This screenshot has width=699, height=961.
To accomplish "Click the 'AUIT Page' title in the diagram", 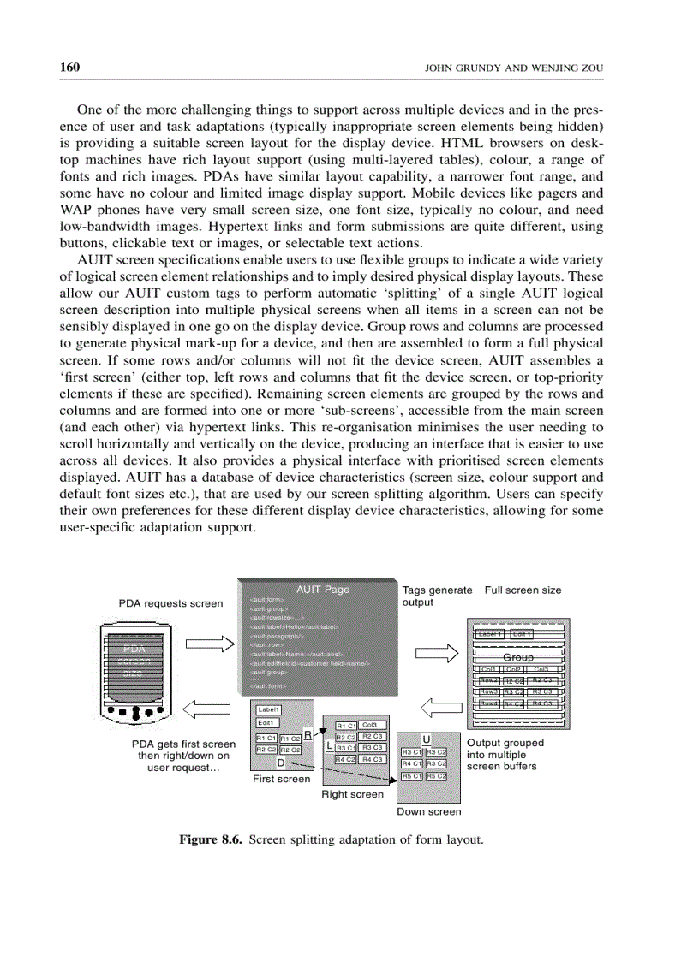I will tap(322, 589).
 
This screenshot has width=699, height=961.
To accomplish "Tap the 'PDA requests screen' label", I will tap(170, 603).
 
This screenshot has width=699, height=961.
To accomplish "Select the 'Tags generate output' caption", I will tap(437, 596).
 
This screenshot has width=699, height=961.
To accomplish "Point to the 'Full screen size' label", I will tap(523, 590).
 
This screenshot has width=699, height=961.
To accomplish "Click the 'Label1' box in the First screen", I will tap(269, 709).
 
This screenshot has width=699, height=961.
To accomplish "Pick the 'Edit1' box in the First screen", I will tap(266, 723).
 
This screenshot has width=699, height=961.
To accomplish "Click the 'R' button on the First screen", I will tap(308, 733).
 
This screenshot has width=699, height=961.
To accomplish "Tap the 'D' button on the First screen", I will tap(280, 762).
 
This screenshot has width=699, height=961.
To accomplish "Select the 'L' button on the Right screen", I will tap(329, 745).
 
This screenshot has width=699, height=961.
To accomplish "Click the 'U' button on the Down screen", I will tap(426, 739).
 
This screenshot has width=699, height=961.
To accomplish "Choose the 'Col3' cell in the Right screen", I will tap(370, 725).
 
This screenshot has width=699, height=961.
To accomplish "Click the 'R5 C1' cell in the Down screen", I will tap(411, 775).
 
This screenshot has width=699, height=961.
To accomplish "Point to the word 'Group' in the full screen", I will tap(517, 657).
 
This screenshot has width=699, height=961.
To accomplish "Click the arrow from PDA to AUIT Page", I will tap(209, 644).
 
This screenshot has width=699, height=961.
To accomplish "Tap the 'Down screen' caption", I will tap(428, 811).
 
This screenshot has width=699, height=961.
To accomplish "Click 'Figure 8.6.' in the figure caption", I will tap(210, 839).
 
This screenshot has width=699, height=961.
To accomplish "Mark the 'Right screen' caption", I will tap(352, 794).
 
